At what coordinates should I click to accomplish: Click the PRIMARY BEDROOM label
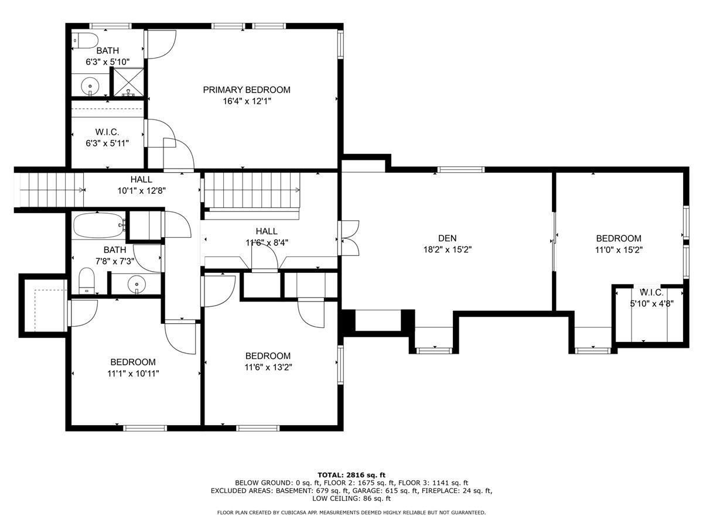pyautogui.click(x=247, y=90)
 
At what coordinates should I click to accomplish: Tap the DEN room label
pyautogui.click(x=447, y=238)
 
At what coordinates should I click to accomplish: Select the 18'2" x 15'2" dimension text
pyautogui.click(x=448, y=249)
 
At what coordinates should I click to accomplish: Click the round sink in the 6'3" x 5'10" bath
pyautogui.click(x=90, y=87)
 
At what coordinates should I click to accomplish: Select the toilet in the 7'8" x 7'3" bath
pyautogui.click(x=87, y=280)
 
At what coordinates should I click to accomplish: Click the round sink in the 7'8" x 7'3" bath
pyautogui.click(x=136, y=284)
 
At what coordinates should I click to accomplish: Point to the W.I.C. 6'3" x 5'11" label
pyautogui.click(x=107, y=138)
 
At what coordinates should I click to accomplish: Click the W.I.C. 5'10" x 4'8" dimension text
pyautogui.click(x=652, y=303)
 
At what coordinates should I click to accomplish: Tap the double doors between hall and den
pyautogui.click(x=349, y=238)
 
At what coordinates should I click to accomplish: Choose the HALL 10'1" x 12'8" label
pyautogui.click(x=142, y=185)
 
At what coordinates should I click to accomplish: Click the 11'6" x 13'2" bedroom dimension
pyautogui.click(x=268, y=367)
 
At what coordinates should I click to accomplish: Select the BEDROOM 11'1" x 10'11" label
pyautogui.click(x=133, y=368)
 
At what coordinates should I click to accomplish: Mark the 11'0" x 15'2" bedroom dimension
pyautogui.click(x=619, y=249)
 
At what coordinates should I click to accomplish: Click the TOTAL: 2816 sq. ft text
pyautogui.click(x=351, y=475)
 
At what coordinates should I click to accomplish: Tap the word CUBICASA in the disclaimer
pyautogui.click(x=294, y=512)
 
